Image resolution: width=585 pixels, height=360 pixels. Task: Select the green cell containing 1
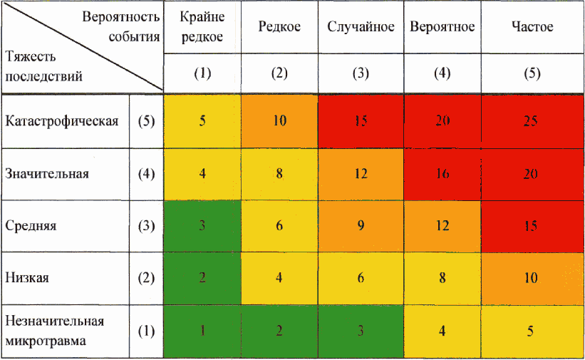coord(202,331)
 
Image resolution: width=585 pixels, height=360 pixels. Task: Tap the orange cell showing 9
coord(361,226)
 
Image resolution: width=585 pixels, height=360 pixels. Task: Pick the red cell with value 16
coord(442,173)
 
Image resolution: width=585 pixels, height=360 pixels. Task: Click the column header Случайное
coord(361,27)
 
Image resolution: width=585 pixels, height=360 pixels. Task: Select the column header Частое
coord(532,27)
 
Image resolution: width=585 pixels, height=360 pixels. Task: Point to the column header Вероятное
coord(442,27)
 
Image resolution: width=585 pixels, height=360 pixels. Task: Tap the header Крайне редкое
coord(202,27)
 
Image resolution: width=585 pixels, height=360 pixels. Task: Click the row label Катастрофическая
coord(61,120)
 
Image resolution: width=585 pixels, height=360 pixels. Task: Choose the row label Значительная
coord(47,173)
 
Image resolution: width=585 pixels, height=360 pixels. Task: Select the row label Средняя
coord(31,226)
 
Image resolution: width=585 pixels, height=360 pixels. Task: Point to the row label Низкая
coord(27,278)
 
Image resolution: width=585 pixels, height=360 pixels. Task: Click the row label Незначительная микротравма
coord(54,331)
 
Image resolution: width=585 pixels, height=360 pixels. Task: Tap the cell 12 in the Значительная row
coord(361,173)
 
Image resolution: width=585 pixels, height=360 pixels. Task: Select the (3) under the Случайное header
coord(361,73)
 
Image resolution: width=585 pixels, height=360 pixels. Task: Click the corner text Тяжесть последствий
coord(43,66)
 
